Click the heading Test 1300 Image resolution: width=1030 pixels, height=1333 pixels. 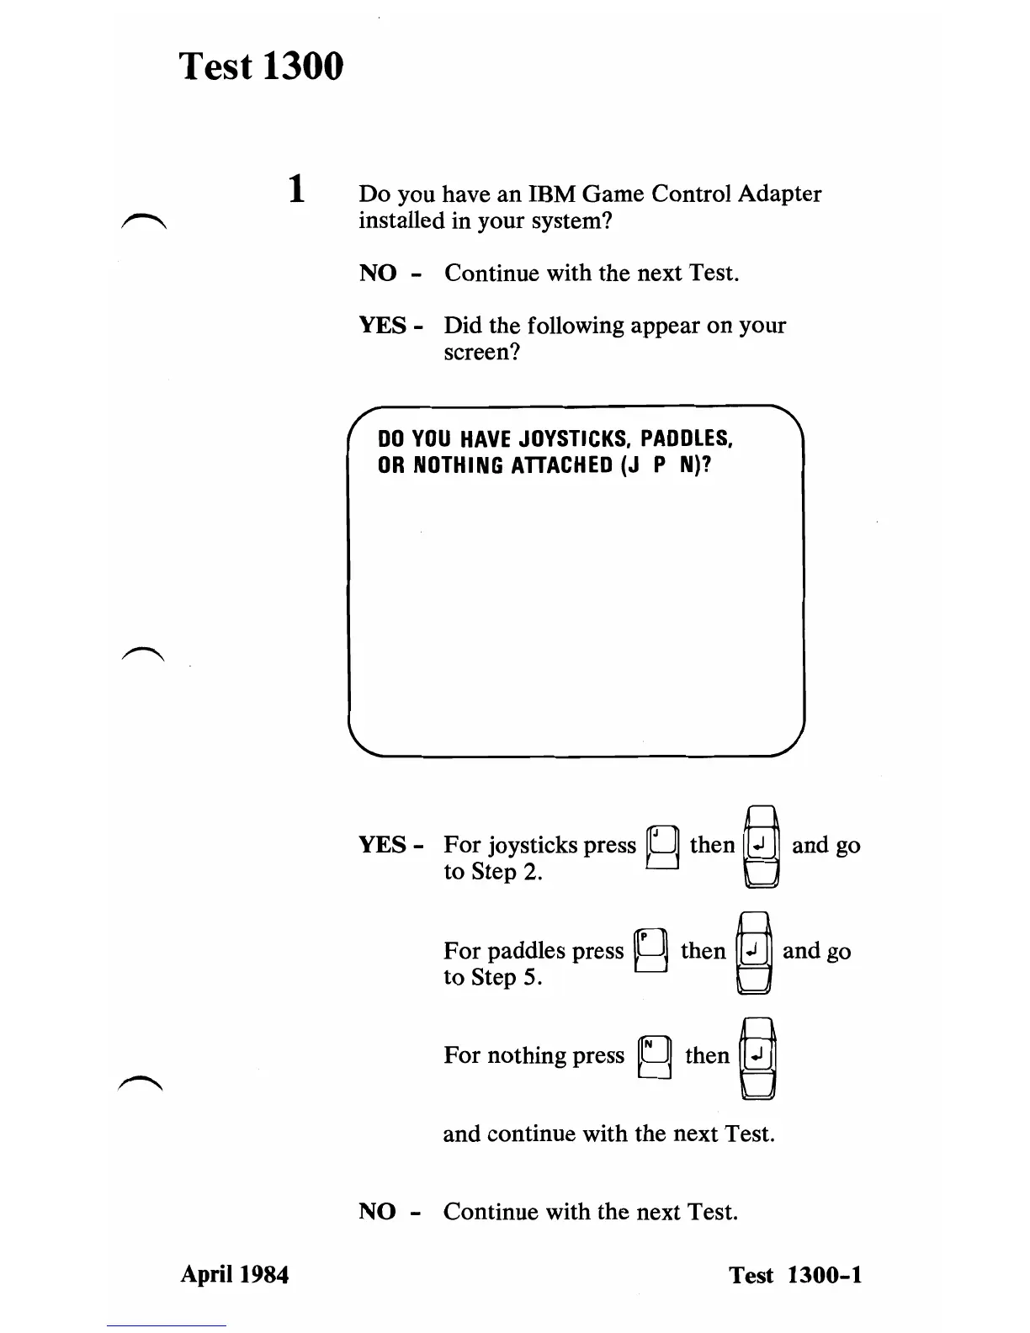pos(262,66)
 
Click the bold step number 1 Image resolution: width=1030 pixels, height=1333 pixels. pos(295,189)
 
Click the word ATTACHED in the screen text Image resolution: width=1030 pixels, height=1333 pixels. pos(561,465)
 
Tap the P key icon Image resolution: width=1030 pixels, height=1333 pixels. pos(651,952)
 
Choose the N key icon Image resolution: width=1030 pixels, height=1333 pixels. pos(655,1057)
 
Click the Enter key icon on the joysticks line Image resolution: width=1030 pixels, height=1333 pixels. pos(761,846)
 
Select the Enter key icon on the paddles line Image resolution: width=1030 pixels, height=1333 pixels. pos(753,952)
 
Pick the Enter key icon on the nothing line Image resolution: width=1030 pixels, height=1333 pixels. pos(757,1057)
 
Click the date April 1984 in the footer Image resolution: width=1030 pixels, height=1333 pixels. pos(235,1275)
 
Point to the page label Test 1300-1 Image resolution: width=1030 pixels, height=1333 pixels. pos(795,1275)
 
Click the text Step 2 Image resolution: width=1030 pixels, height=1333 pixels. pos(505,872)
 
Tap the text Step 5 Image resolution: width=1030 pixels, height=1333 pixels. pos(505,977)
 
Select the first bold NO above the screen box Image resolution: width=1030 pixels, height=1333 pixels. pos(378,274)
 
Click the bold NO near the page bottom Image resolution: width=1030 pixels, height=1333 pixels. pos(377,1212)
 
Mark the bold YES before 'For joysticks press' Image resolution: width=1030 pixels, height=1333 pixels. pos(383,845)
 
